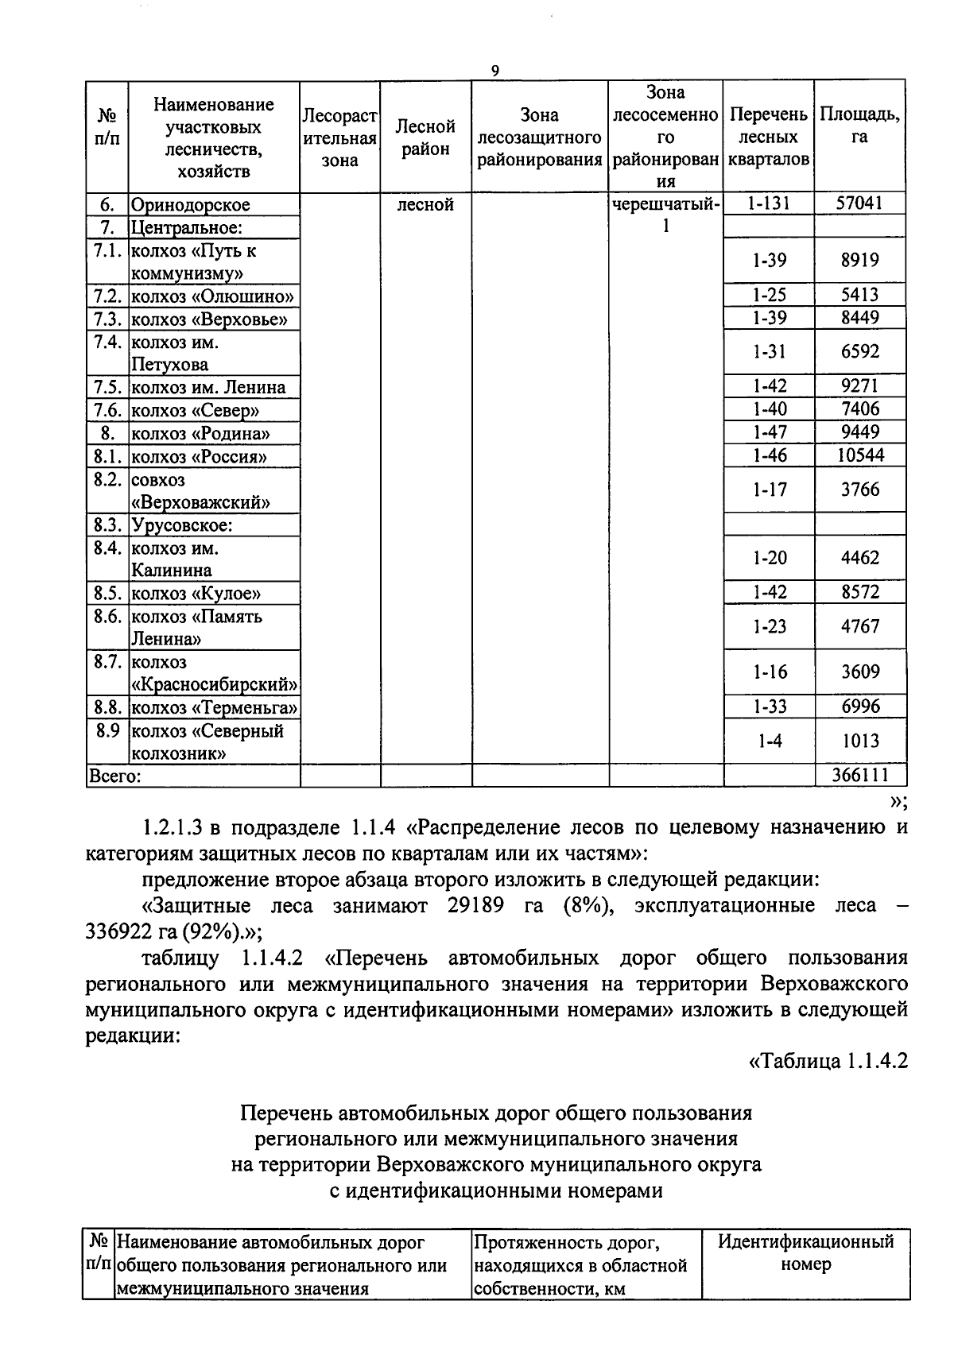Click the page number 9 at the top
494,72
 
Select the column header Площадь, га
859,126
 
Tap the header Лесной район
425,137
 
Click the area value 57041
859,203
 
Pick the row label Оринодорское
191,205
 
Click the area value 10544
859,455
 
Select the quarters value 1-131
768,203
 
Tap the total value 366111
859,775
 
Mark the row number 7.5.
107,388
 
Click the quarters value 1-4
768,741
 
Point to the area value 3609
859,672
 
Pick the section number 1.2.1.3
175,827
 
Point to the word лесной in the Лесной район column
425,205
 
